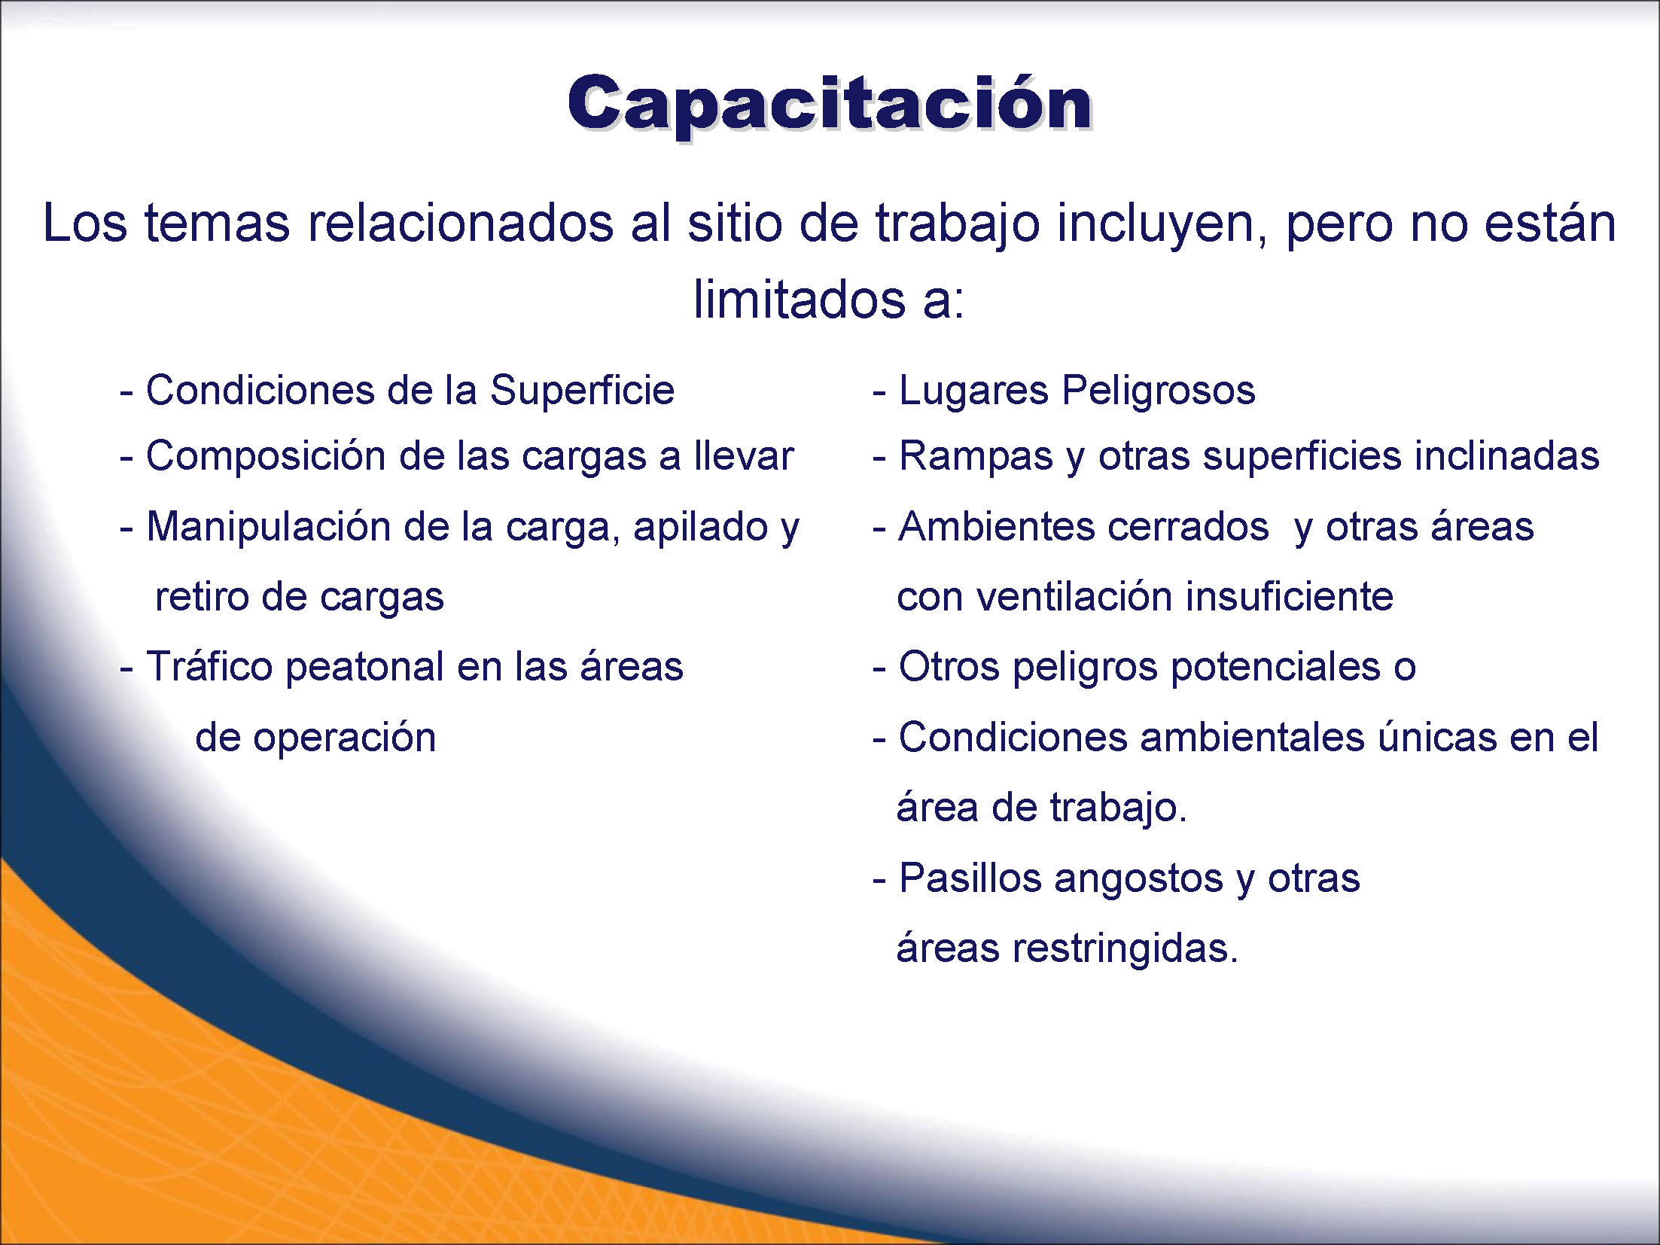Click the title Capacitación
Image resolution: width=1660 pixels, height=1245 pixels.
click(830, 105)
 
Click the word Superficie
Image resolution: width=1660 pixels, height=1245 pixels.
click(582, 390)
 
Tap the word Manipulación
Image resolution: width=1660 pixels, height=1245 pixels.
click(268, 527)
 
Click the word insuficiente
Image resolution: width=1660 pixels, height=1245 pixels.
click(1290, 597)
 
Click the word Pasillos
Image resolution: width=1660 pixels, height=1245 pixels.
click(971, 878)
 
